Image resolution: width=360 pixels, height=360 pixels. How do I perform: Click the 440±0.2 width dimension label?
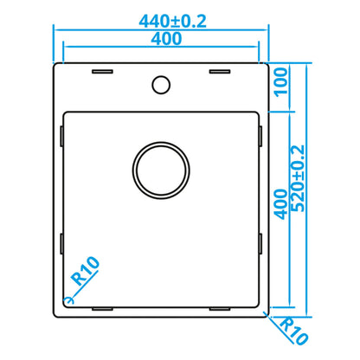(x=172, y=21)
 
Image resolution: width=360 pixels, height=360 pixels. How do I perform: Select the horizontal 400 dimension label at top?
(x=166, y=39)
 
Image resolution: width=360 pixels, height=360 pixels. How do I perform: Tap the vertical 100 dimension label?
(x=281, y=82)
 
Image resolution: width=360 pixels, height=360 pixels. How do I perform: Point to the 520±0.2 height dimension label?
(x=298, y=178)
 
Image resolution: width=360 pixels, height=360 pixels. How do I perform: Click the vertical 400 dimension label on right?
(x=280, y=204)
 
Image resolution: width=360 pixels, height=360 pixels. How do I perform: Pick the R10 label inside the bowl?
(x=85, y=271)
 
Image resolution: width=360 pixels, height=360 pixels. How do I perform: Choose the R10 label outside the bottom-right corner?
(x=294, y=331)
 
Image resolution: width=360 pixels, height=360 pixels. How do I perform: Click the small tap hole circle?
(x=161, y=85)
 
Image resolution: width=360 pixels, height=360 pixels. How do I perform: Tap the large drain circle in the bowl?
(x=161, y=170)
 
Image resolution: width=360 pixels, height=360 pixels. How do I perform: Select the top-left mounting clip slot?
(x=102, y=72)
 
